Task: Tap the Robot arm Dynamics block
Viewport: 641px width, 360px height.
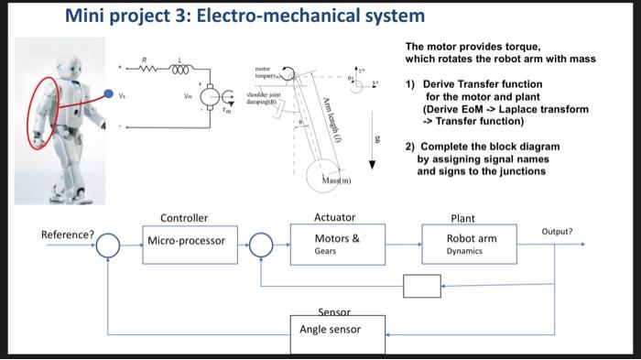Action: point(472,244)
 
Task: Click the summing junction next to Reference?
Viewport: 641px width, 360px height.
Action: point(109,244)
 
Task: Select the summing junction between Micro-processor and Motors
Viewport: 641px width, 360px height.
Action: point(263,244)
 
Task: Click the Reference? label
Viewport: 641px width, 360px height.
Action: point(68,235)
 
